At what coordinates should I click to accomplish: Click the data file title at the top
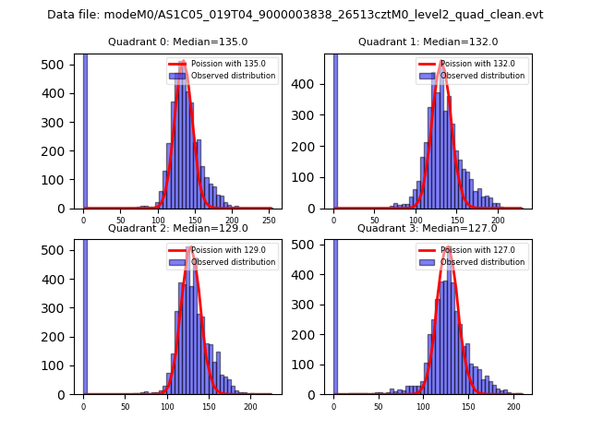click(x=295, y=15)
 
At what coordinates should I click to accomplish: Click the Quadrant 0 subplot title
click(x=178, y=42)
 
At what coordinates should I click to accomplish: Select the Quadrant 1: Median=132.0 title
click(x=428, y=42)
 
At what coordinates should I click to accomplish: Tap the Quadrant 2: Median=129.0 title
click(x=178, y=228)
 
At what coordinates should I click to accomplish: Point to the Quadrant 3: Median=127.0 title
click(x=428, y=228)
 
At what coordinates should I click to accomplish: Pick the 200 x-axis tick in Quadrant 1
click(x=498, y=219)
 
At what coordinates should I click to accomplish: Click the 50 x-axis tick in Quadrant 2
click(x=126, y=405)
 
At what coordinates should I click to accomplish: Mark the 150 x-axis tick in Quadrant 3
click(x=468, y=405)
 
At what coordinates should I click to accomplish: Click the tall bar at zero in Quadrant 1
click(x=335, y=129)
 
